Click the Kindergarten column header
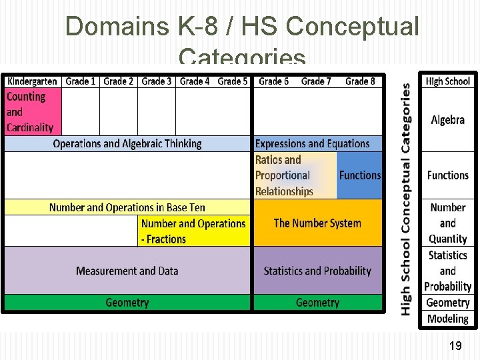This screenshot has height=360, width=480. point(32,81)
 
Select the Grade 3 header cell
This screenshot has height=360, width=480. point(157,81)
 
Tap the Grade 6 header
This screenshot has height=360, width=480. point(274,81)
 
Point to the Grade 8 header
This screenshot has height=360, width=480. point(360,81)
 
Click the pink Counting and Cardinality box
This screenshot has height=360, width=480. point(33,112)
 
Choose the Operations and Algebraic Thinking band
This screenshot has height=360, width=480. point(127,143)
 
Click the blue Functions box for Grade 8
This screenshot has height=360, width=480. point(360,175)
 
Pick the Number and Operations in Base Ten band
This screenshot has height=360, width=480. point(127,207)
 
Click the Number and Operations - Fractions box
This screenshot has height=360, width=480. point(193,231)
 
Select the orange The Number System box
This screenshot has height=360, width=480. point(317,223)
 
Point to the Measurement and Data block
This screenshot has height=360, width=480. point(127,271)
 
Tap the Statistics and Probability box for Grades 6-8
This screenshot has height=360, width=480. point(317,271)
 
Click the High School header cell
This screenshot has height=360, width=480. point(448,81)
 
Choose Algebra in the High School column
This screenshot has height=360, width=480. point(448,120)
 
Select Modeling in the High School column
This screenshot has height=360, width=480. point(448,319)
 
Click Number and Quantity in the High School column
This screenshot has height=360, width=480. point(448,223)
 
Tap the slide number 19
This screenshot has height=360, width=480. point(455,345)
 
